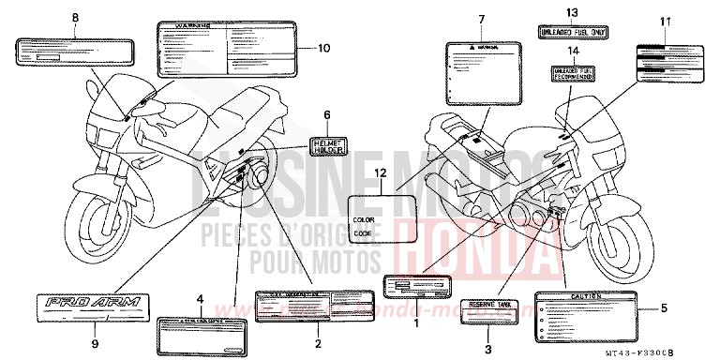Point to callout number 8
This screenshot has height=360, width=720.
click(77, 18)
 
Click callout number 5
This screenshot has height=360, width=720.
click(664, 308)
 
